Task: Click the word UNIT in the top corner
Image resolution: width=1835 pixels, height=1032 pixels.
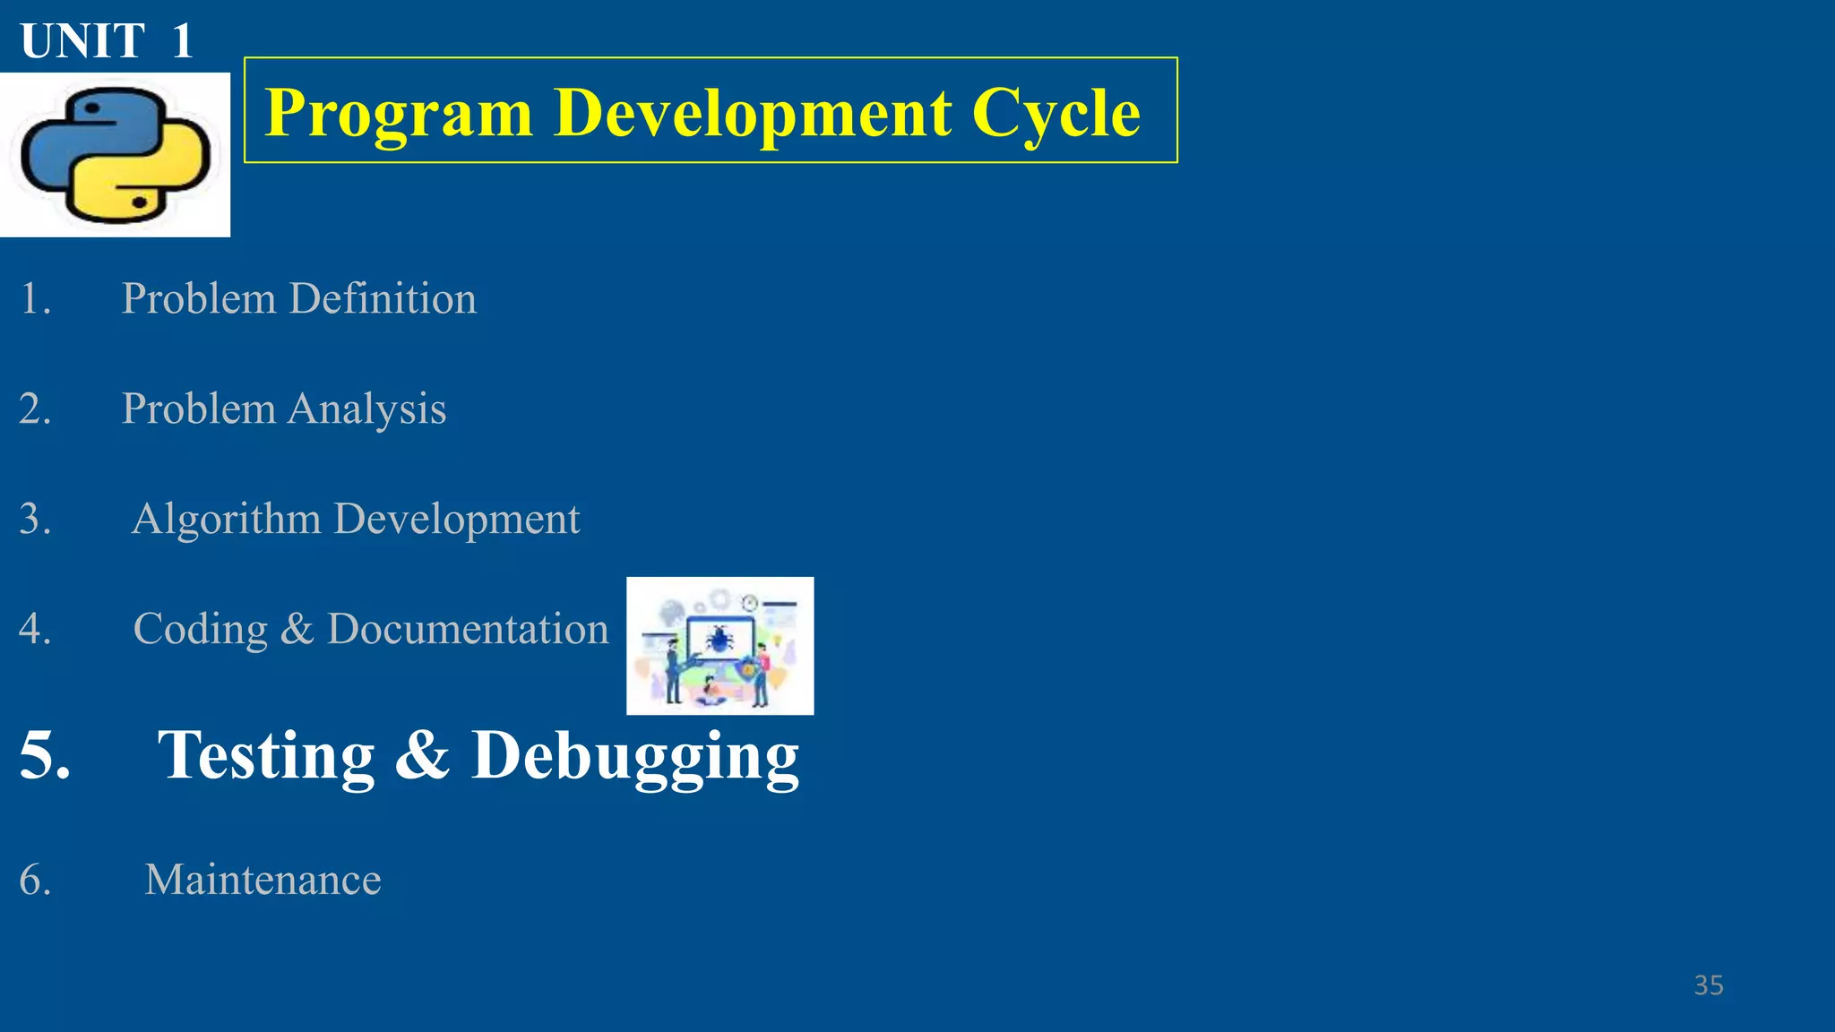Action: (82, 41)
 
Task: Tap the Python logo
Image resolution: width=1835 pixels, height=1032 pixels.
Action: (115, 155)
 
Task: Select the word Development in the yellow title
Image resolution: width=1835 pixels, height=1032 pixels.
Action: (753, 113)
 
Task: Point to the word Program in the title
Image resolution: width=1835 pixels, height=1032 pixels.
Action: (399, 113)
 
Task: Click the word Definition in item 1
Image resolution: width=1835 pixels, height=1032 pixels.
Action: (383, 298)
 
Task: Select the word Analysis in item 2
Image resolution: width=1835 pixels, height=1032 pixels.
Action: (366, 409)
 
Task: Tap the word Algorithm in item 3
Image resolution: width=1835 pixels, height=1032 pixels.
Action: (226, 520)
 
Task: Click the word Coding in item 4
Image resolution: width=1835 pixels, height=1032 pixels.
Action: (201, 629)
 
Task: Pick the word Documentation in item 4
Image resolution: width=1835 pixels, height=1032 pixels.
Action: (468, 629)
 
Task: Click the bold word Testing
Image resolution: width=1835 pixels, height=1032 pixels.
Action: (266, 755)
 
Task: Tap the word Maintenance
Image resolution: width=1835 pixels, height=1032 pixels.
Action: (263, 880)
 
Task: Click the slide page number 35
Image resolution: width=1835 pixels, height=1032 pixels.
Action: (1708, 985)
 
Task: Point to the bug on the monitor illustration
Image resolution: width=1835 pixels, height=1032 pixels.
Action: (719, 639)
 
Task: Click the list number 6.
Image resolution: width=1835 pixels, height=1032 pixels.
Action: (34, 880)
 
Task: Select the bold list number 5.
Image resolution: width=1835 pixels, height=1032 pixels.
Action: (43, 755)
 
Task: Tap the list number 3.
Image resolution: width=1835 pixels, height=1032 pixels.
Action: (34, 520)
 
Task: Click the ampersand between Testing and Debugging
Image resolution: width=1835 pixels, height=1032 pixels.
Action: (422, 755)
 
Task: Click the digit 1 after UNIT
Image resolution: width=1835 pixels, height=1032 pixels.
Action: (182, 41)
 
